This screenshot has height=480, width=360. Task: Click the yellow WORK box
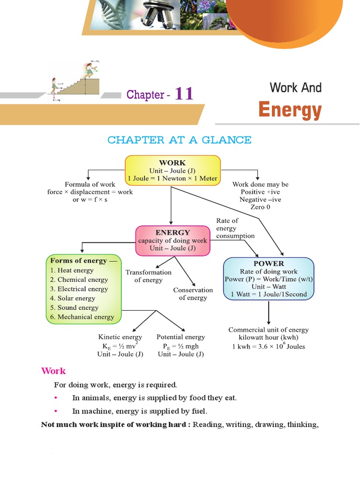click(172, 170)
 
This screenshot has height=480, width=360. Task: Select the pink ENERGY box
click(172, 240)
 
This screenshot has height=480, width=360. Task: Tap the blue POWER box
click(269, 279)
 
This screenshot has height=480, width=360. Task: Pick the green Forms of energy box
click(83, 289)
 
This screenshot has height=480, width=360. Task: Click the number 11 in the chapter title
click(184, 94)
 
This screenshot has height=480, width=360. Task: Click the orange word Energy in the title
click(290, 111)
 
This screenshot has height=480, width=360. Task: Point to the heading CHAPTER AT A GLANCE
click(179, 140)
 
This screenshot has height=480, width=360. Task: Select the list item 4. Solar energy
click(73, 298)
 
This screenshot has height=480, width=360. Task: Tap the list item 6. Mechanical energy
click(82, 317)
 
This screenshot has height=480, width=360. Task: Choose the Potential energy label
click(180, 337)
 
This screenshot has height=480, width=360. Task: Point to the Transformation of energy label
click(148, 276)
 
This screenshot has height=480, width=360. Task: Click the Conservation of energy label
click(193, 294)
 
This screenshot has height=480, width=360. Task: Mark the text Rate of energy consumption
click(235, 228)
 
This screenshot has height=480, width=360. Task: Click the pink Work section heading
click(53, 371)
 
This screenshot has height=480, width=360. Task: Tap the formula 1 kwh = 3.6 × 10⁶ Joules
click(268, 346)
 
